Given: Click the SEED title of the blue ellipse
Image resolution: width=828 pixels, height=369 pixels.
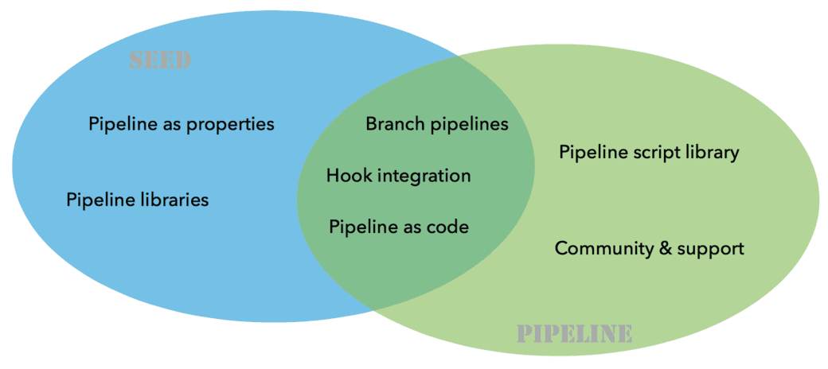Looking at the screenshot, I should click(160, 61).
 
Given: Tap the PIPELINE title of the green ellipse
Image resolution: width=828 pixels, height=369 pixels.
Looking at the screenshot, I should click(575, 333).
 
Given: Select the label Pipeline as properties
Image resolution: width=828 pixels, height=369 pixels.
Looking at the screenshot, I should click(182, 124).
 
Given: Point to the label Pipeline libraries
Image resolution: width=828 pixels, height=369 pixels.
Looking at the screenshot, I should click(137, 200).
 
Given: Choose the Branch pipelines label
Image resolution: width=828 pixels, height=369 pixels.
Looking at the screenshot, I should click(436, 124).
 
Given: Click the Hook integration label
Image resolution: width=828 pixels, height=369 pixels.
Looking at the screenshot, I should click(398, 175).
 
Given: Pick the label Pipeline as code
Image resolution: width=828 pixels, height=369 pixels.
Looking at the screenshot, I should click(399, 227).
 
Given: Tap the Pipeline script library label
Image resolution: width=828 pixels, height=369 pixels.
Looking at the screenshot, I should click(649, 152).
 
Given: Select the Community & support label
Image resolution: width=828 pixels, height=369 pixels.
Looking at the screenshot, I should click(649, 248).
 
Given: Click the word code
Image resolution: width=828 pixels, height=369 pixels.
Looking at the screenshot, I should click(448, 227).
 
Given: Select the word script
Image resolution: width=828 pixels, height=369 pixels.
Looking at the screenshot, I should click(653, 152).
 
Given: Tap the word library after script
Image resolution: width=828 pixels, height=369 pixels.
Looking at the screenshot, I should click(712, 152).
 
